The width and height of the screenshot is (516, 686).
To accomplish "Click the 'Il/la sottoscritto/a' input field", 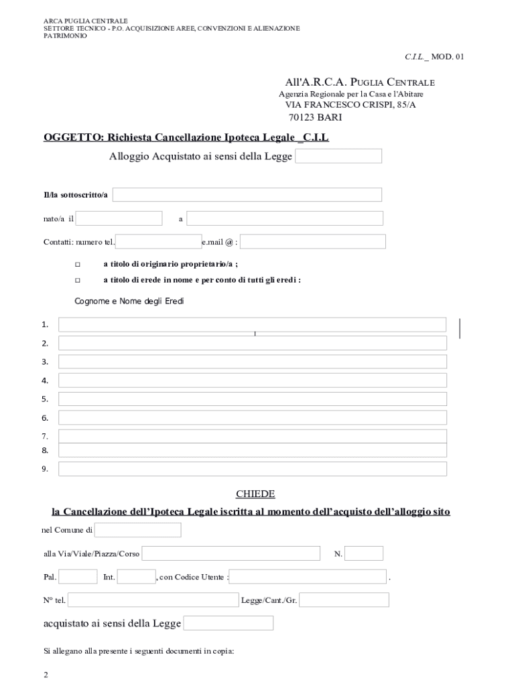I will [247, 195].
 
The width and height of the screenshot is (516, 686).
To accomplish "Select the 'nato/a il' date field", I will [119, 218].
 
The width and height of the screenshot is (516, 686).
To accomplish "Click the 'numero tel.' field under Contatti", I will [159, 241].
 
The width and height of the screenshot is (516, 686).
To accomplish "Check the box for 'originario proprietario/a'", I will [77, 265].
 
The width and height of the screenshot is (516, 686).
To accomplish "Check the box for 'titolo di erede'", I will [77, 280].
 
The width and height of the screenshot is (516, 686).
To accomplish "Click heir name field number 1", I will [252, 325].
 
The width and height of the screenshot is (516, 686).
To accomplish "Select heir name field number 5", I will [252, 399].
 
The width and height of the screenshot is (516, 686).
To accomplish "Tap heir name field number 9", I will [252, 469].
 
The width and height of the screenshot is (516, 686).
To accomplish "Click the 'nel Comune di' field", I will [138, 531].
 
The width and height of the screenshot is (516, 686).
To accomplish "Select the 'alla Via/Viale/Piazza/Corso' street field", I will [231, 553].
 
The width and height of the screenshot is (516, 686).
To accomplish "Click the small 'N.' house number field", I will [364, 553].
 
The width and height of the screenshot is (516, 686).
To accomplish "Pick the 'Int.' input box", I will [137, 576].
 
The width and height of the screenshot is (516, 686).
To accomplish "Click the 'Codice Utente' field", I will [308, 576].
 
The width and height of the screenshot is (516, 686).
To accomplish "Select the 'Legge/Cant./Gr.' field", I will [344, 600].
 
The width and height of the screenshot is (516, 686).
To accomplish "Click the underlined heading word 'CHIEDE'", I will [255, 494].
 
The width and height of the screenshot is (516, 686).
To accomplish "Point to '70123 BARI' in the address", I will [315, 117].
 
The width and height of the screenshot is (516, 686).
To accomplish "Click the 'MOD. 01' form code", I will [447, 57].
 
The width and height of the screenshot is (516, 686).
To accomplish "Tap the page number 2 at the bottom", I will [46, 675].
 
